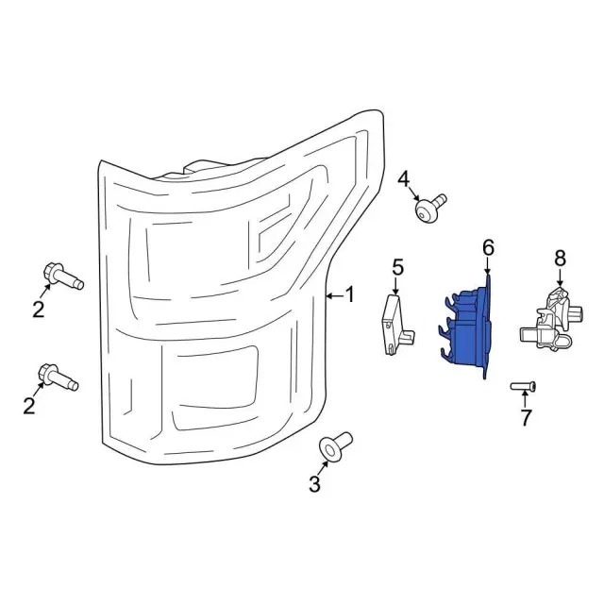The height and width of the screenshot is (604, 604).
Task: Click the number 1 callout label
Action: coord(349,295)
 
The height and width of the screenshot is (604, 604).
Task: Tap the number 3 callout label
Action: coord(314,485)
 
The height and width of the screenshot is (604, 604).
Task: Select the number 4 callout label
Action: coord(404,178)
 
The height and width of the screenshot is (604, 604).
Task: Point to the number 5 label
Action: coord(397,266)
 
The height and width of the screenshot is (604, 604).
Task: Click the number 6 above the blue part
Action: coord(488,247)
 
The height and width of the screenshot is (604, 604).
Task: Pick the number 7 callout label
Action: coord(526,417)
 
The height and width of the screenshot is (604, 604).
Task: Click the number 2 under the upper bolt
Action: coord(39,309)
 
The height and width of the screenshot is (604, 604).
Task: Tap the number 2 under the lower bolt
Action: coord(29,406)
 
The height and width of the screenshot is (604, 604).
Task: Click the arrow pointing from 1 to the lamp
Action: coord(333,296)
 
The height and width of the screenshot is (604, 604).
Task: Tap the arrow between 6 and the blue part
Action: coord(488,268)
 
